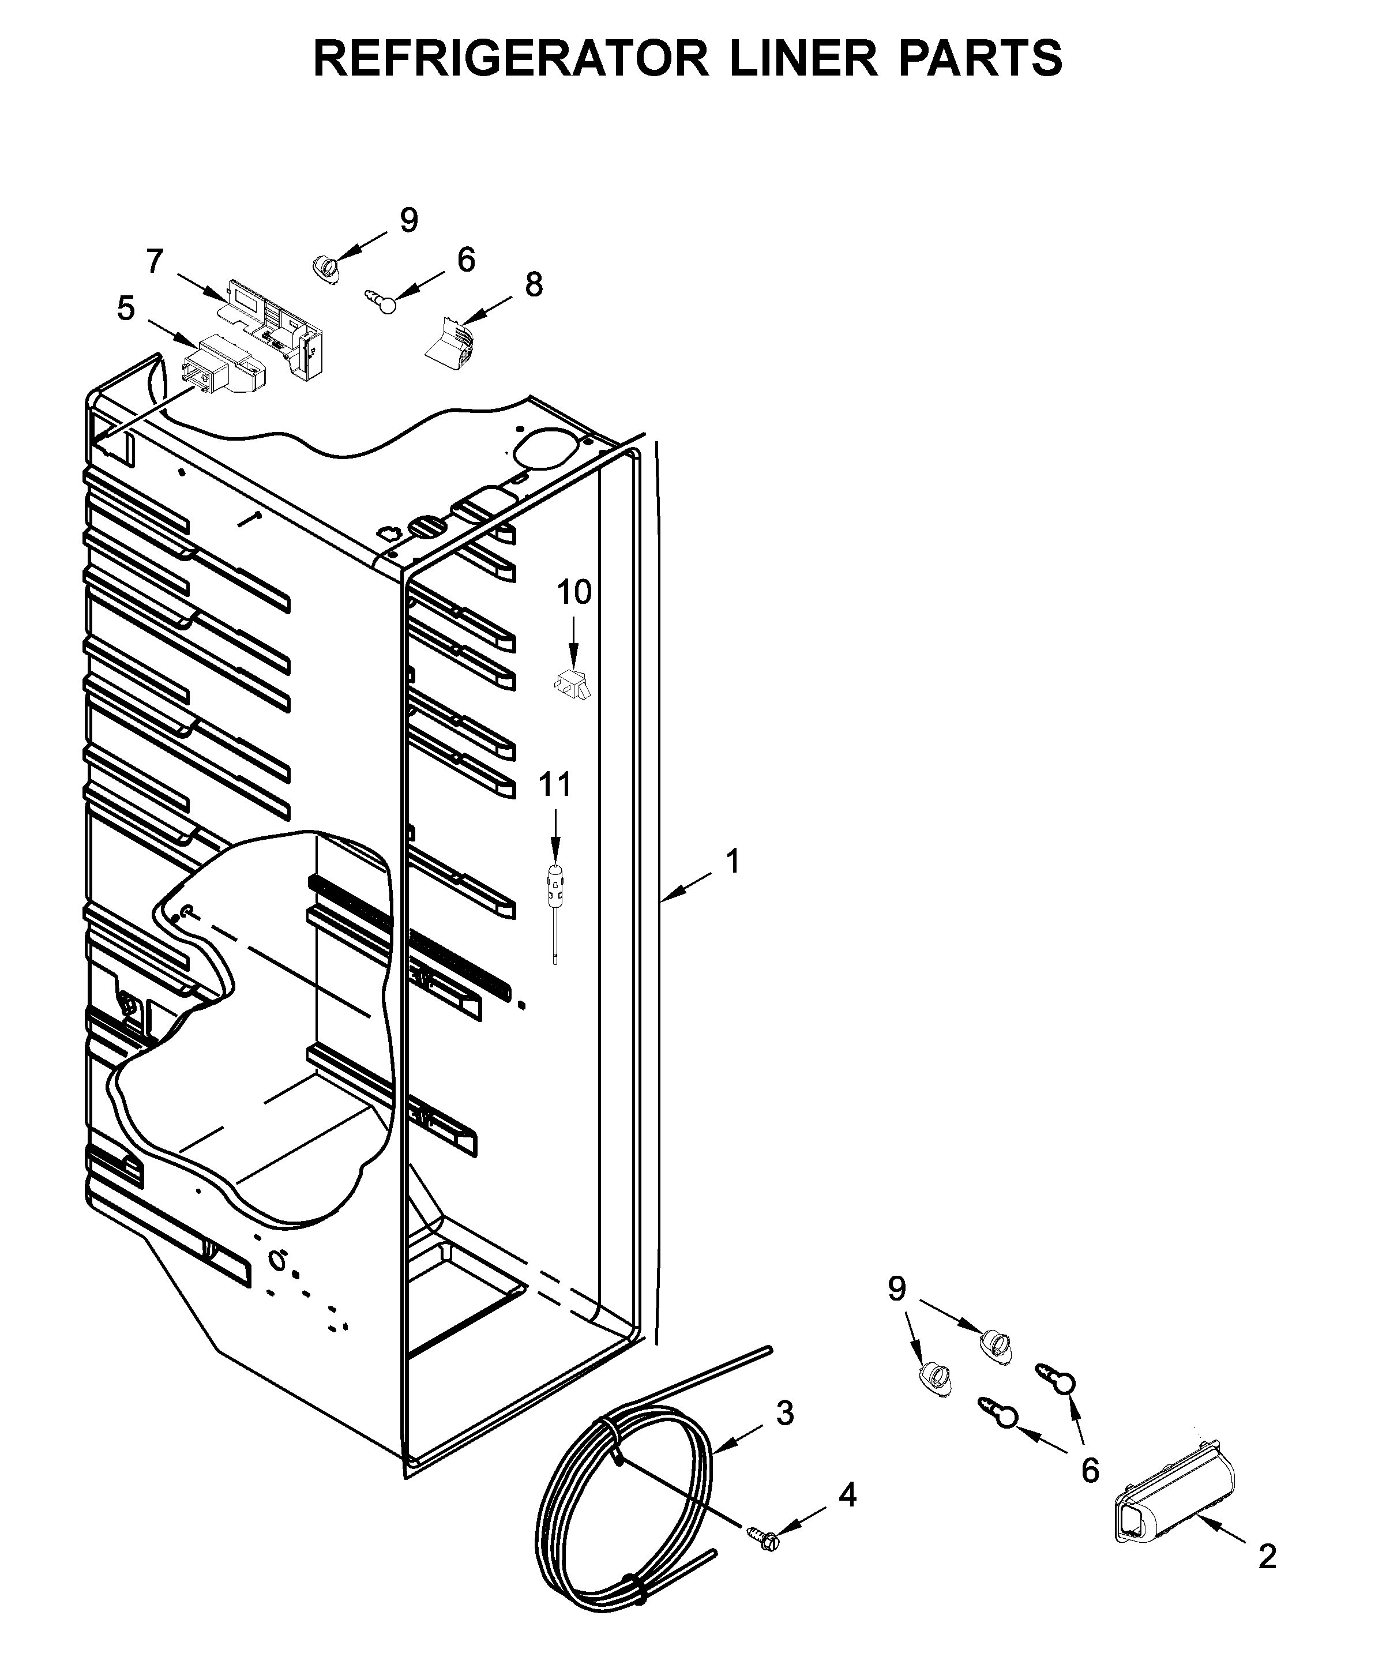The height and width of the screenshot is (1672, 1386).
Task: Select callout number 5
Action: coord(126,309)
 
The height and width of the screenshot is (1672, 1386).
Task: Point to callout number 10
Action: coord(573,592)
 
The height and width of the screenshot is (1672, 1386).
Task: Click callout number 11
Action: coord(555,784)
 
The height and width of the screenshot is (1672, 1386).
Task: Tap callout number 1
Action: coord(733,861)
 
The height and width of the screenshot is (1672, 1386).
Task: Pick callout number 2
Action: coord(1267,1557)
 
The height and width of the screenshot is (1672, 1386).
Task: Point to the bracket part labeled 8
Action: coord(450,343)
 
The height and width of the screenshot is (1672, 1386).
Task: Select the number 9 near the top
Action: coord(408,220)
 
